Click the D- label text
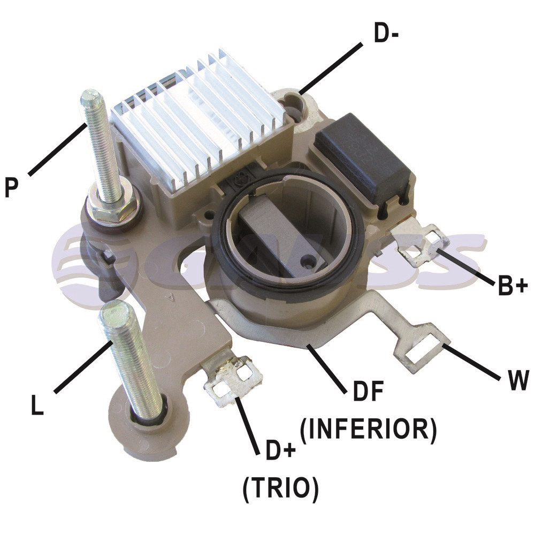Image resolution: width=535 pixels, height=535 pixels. tap(386, 33)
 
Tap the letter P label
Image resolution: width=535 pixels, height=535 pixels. tap(12, 187)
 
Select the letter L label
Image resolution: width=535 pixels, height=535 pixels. tap(37, 405)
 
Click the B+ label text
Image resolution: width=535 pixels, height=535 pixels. tap(513, 285)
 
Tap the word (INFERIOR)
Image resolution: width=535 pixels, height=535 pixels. tap(368, 429)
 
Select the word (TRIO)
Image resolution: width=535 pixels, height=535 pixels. tap(280, 488)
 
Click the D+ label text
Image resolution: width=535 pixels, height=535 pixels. tap(280, 450)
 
